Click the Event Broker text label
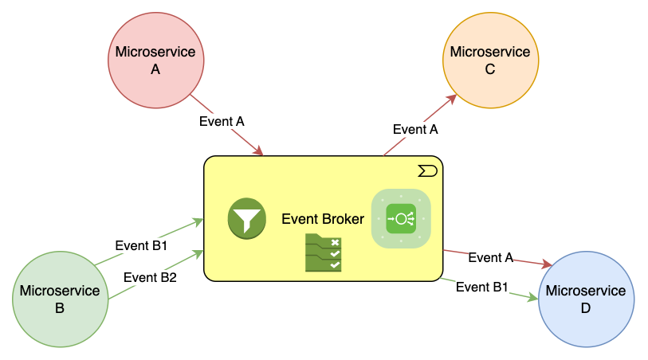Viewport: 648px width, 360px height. click(x=323, y=219)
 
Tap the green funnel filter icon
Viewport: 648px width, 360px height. click(x=246, y=218)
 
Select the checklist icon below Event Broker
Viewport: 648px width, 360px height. click(x=324, y=253)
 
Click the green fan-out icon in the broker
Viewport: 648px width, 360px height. click(x=401, y=218)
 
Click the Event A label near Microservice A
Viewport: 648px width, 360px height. click(x=221, y=121)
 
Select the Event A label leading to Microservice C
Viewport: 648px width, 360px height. click(x=415, y=129)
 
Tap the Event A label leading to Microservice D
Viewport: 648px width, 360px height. click(x=490, y=257)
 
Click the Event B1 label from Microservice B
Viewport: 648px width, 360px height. click(x=141, y=245)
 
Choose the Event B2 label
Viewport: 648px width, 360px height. click(x=150, y=277)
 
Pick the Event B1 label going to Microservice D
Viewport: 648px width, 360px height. click(x=481, y=287)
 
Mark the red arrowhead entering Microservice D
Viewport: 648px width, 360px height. click(x=548, y=264)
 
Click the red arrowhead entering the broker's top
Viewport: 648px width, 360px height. click(x=258, y=151)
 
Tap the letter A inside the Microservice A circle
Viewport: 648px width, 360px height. click(x=155, y=69)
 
